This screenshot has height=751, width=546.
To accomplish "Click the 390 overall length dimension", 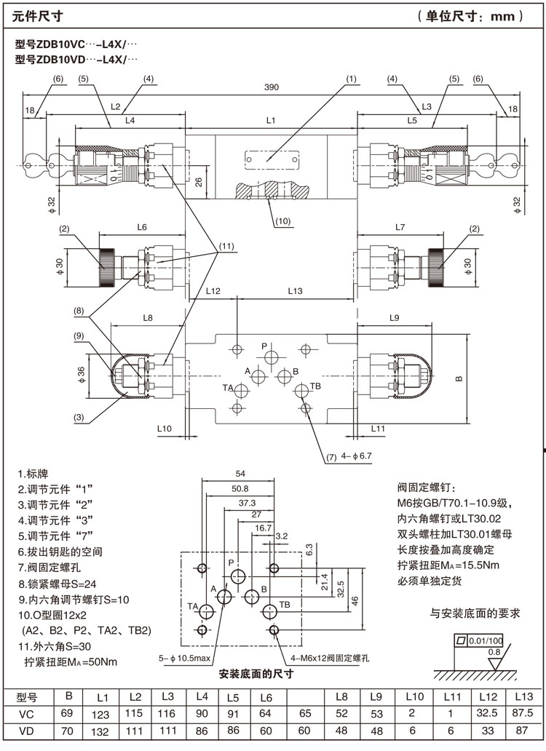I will (x=271, y=88).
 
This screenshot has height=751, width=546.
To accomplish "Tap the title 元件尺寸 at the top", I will (x=33, y=15).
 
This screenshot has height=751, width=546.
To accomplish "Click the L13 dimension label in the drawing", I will (x=295, y=291).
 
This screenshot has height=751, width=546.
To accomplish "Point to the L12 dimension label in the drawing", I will (x=213, y=291).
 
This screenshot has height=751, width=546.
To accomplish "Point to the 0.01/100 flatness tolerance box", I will (x=479, y=640).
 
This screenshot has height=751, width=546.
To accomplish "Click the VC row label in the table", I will (x=27, y=713).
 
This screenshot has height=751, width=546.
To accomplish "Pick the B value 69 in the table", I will (x=69, y=713).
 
